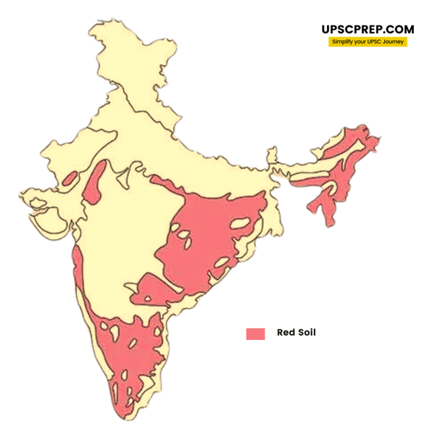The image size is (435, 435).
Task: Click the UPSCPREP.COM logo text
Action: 368,30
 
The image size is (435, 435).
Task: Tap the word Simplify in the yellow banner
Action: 344,43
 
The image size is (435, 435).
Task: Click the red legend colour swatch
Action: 255,333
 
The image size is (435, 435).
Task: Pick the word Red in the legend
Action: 284,333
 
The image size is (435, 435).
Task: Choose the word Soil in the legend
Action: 306,333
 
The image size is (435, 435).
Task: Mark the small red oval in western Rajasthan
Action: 71,178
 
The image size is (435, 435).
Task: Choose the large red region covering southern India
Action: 134,355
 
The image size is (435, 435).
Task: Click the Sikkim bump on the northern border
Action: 271,154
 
